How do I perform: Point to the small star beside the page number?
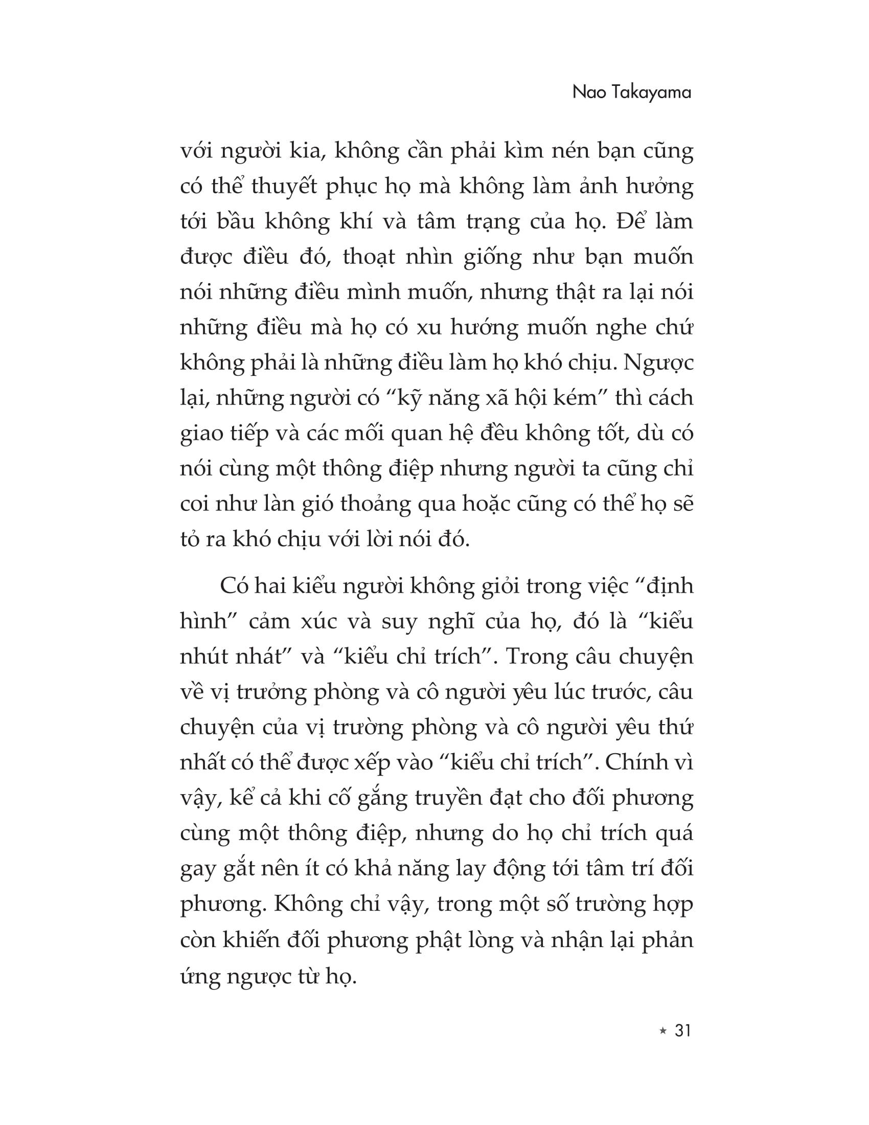coord(662,1031)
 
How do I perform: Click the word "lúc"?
coord(554,692)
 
